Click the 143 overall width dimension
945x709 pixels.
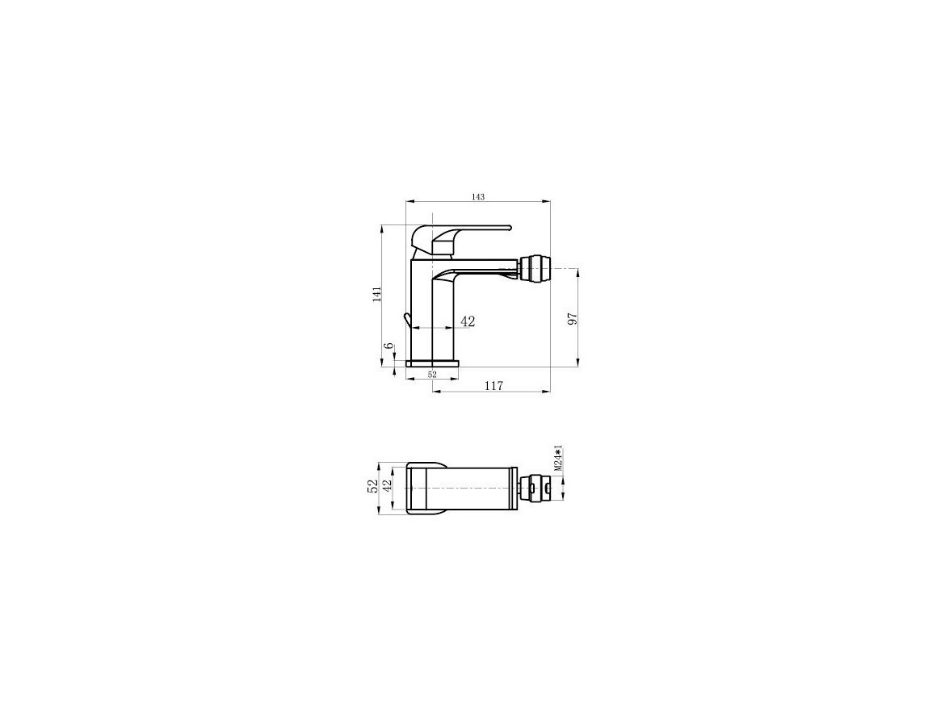pyautogui.click(x=478, y=197)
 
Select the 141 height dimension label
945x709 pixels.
pyautogui.click(x=377, y=294)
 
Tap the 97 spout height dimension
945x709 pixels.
pyautogui.click(x=573, y=319)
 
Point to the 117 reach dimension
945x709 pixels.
pyautogui.click(x=493, y=385)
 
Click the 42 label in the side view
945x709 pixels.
pyautogui.click(x=468, y=321)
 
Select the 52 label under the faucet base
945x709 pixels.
pyautogui.click(x=432, y=374)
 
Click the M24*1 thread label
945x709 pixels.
pyautogui.click(x=558, y=459)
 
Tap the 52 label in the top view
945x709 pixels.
pyautogui.click(x=373, y=486)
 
